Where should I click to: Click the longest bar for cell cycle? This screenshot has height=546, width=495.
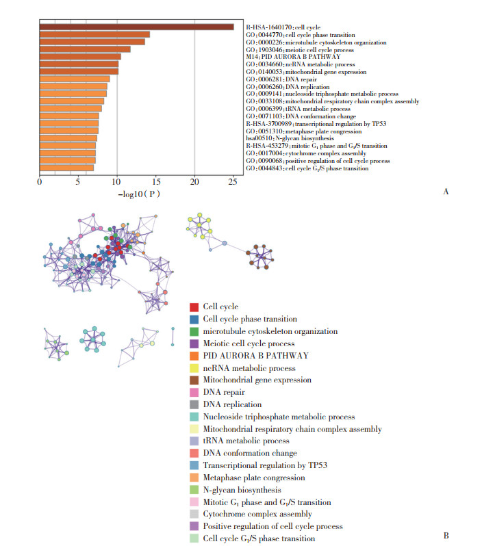click(x=136, y=27)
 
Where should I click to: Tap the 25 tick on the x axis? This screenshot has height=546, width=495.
click(x=233, y=181)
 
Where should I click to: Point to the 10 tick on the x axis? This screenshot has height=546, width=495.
click(x=117, y=181)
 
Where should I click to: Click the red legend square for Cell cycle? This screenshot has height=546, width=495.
click(x=194, y=307)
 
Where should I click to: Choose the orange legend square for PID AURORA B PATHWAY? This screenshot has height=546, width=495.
click(x=194, y=356)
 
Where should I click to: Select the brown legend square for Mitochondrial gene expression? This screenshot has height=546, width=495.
click(x=194, y=380)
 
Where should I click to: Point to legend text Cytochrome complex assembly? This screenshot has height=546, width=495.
click(x=257, y=514)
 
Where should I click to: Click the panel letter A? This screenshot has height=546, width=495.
click(x=446, y=192)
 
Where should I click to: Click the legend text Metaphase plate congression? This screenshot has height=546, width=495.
click(x=254, y=478)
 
